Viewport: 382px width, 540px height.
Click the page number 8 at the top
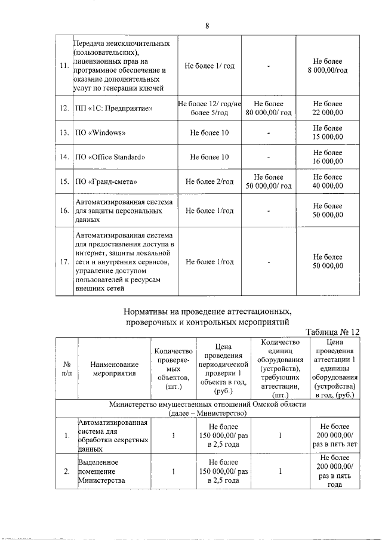click(x=207, y=26)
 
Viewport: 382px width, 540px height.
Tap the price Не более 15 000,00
click(x=328, y=132)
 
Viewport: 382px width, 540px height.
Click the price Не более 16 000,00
click(x=328, y=157)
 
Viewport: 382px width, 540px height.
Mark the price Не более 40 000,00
click(x=328, y=181)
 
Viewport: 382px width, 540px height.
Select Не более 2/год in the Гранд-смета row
click(x=209, y=181)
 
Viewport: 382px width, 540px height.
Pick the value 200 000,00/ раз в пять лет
click(x=334, y=435)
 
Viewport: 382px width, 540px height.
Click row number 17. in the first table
click(x=64, y=262)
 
